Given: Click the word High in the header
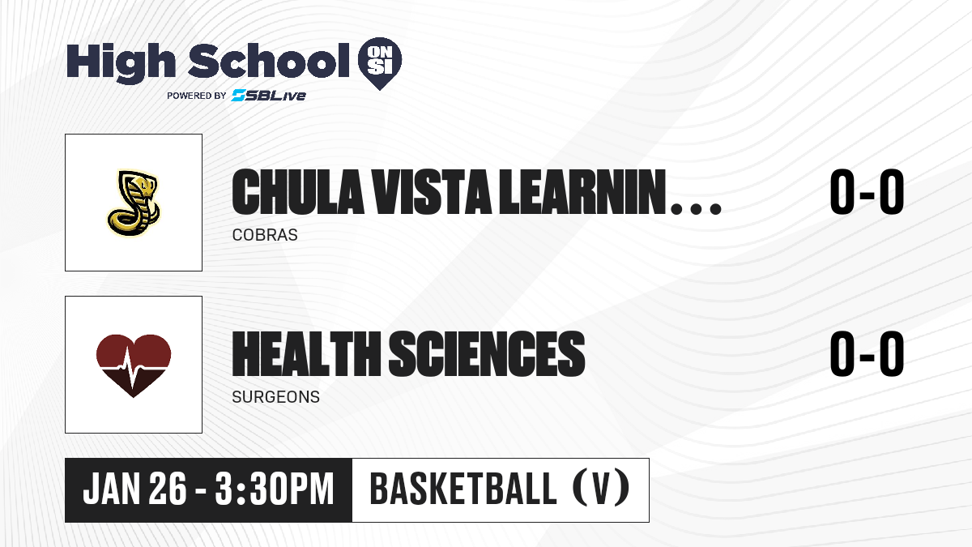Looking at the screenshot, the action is (x=121, y=63).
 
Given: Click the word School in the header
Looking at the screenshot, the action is (x=269, y=61).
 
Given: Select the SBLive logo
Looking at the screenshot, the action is (x=269, y=95).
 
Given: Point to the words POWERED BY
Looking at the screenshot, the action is (x=196, y=96).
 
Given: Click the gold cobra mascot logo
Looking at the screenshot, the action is (x=134, y=203).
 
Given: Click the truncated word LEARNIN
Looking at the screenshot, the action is (x=582, y=192).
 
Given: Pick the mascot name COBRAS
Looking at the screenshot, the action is (x=265, y=235).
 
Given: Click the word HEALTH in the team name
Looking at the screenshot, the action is (x=306, y=353).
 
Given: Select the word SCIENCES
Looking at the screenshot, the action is (x=487, y=353).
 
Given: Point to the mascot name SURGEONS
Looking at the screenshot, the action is (x=276, y=397).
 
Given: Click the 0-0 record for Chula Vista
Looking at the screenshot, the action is (x=867, y=192).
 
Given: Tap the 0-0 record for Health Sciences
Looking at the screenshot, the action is (x=867, y=353).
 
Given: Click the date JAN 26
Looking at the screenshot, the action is (x=135, y=489).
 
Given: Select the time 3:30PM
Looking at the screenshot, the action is (x=275, y=489).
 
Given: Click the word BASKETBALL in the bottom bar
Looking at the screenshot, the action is (x=463, y=489).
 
